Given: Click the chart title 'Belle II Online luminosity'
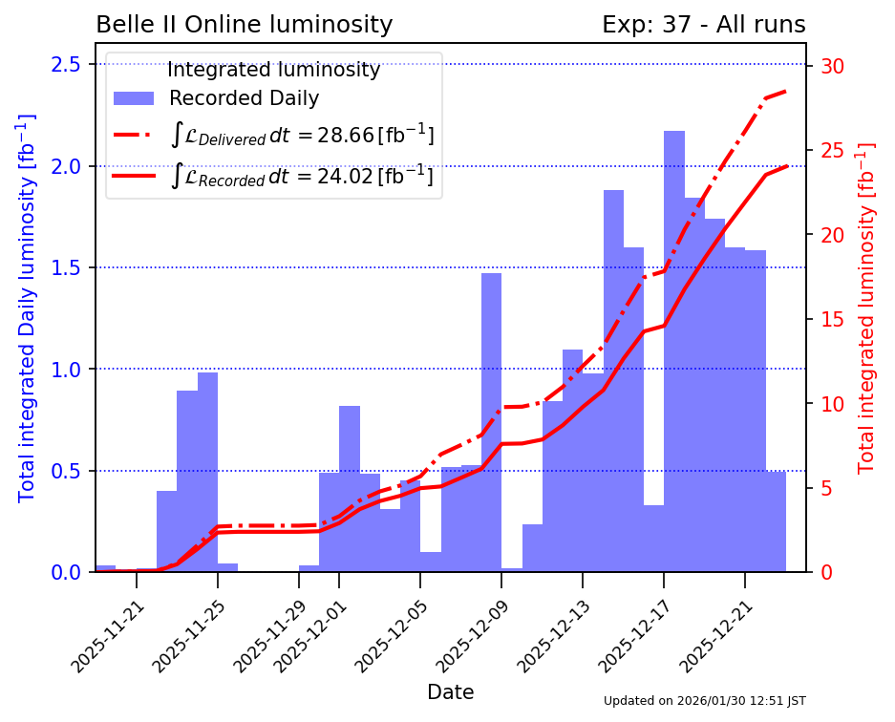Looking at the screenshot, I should pos(245,25).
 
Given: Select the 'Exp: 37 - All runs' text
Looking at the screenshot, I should pos(703,25).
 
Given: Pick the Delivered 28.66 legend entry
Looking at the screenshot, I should pos(302,136).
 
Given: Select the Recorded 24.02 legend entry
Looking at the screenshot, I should pos(302,176).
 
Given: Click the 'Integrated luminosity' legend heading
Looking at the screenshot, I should pos(273,70).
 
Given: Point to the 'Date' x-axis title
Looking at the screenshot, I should pos(450,691).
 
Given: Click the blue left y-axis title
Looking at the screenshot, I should pos(27,308).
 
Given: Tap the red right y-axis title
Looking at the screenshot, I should pos(865,308).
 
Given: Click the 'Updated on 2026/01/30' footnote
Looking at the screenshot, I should pos(704,701).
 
